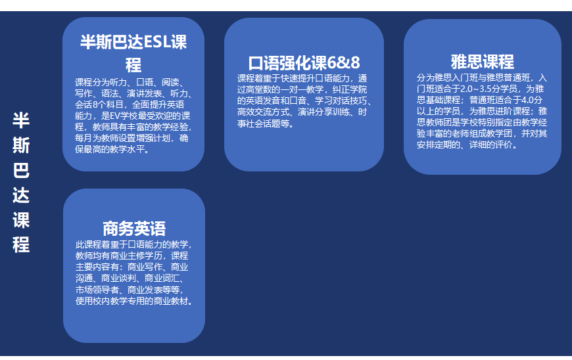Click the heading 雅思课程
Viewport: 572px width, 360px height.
[x=483, y=62]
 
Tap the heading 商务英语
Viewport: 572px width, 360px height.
[x=134, y=229]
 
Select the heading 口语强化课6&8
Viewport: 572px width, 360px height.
[x=304, y=63]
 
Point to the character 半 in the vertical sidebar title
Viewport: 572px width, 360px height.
[x=21, y=120]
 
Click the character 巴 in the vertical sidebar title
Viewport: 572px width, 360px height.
[x=21, y=170]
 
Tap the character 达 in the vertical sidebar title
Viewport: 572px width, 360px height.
[x=21, y=195]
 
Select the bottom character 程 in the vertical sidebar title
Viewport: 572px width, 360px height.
[x=21, y=244]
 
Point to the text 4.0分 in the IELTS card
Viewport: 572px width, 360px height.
[x=532, y=100]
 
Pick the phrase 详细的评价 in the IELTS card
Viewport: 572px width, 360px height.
[x=491, y=145]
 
